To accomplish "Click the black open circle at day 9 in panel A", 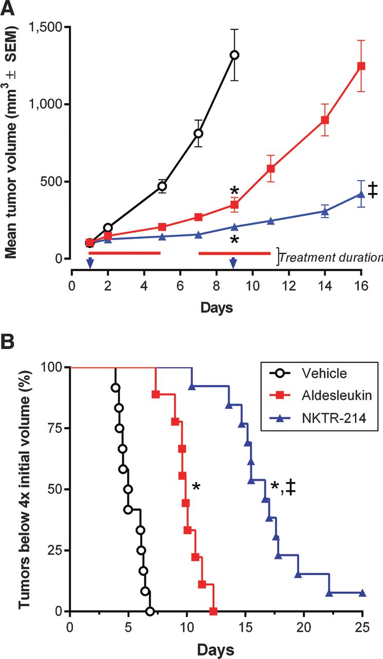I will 234,55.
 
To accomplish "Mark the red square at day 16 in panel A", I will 361,66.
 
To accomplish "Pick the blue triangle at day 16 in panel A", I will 361,194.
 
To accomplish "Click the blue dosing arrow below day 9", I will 233,263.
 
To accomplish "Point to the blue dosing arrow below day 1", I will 90,263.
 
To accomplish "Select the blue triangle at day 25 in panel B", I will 362,593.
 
